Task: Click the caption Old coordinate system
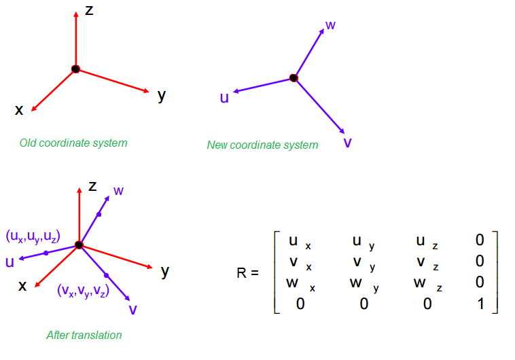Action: pos(73,143)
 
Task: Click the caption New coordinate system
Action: pos(262,145)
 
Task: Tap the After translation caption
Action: pos(84,335)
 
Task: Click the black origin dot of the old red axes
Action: pos(75,69)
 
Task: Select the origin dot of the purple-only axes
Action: pos(294,78)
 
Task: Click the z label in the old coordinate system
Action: pos(89,11)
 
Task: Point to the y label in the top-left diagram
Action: pos(162,95)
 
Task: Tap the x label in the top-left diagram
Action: pos(19,109)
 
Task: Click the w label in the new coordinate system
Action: pos(330,25)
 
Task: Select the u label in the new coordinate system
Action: pos(224,98)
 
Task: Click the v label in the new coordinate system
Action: pos(347,143)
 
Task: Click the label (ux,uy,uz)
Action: pos(33,237)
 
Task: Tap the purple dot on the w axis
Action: pos(99,214)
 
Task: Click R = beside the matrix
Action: pos(248,274)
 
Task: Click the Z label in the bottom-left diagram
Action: pos(93,185)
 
